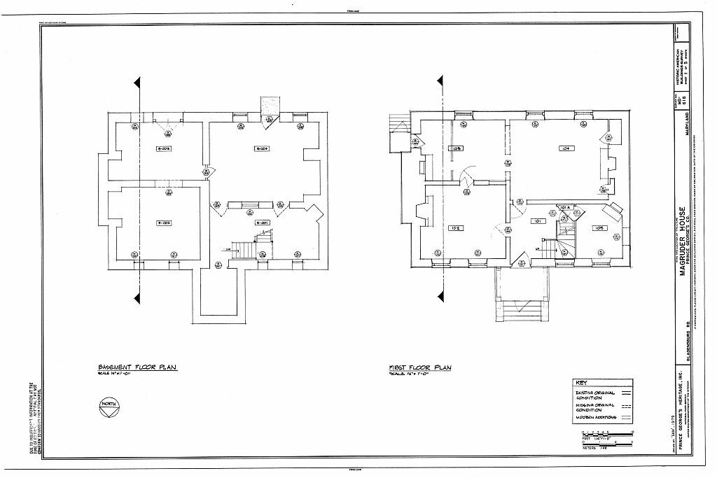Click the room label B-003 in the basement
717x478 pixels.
click(x=164, y=148)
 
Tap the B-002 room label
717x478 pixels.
click(x=164, y=223)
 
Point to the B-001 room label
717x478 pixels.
click(x=263, y=223)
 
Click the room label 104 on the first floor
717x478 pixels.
click(x=566, y=148)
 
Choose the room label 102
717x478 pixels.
click(x=454, y=228)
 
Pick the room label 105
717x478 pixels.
click(x=600, y=228)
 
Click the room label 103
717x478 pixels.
click(x=457, y=148)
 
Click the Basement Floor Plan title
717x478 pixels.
click(x=137, y=367)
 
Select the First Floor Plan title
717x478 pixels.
click(x=420, y=367)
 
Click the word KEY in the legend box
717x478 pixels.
click(x=581, y=383)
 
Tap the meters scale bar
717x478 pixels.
click(x=607, y=443)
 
